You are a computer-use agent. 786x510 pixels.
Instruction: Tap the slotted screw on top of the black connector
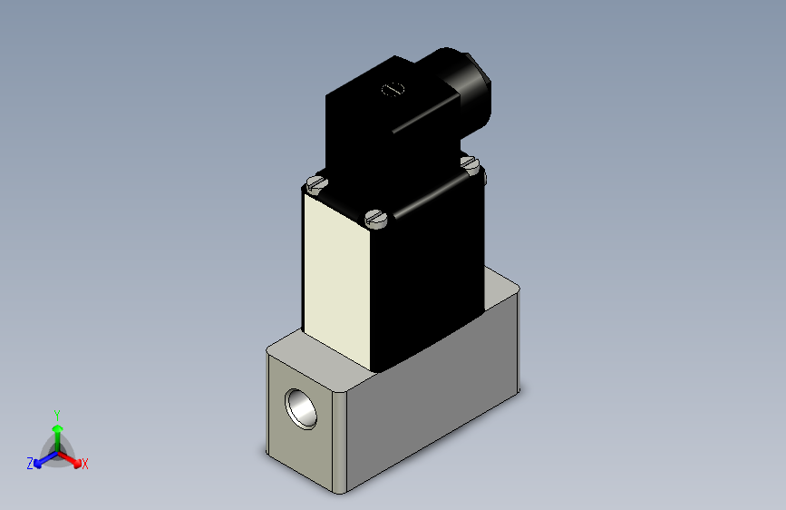(x=393, y=89)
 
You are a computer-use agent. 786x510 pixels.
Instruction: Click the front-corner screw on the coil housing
(x=376, y=218)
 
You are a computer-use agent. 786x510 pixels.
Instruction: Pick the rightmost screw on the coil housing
(x=469, y=163)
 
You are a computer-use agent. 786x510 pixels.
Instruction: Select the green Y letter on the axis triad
(x=56, y=414)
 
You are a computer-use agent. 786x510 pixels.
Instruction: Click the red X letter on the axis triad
(x=85, y=464)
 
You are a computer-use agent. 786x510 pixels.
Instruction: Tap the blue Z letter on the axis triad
(x=30, y=464)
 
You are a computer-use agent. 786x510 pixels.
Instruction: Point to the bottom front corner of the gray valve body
(x=341, y=491)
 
